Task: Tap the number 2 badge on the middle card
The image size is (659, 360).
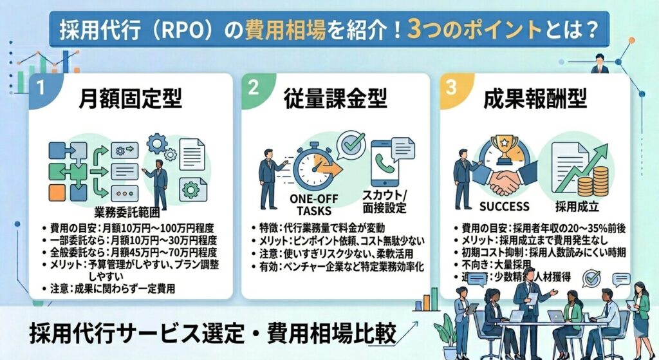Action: coord(253,88)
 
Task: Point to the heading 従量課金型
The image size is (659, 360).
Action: coord(335,99)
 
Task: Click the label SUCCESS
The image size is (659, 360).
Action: coord(505,207)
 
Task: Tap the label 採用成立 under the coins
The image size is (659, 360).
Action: coord(578,207)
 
